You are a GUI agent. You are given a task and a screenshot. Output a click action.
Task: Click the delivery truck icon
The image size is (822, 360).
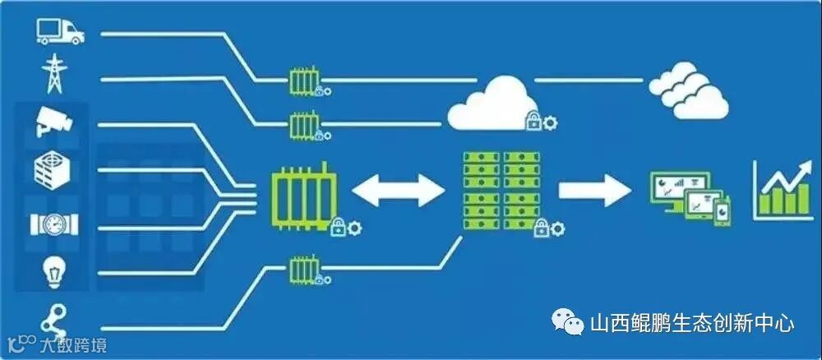[x=60, y=31]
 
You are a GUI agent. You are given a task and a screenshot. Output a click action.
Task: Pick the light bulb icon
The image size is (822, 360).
[x=54, y=270]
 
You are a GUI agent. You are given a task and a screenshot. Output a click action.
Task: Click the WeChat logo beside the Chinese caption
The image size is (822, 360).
[x=568, y=323]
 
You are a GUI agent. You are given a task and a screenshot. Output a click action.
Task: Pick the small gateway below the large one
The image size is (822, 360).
[x=304, y=268]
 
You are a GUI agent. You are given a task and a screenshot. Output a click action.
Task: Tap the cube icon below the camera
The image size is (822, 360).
[x=54, y=170]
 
